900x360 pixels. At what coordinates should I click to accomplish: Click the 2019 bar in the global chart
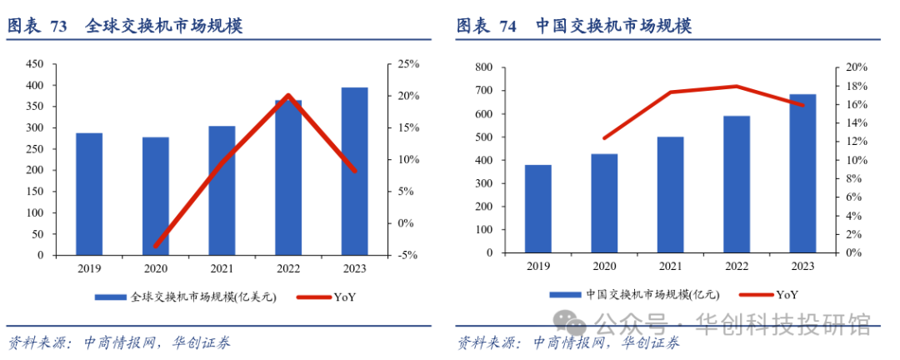coord(89,194)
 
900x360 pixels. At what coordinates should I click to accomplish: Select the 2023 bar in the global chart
coord(354,172)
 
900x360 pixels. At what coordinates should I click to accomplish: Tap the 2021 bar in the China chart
coord(671,194)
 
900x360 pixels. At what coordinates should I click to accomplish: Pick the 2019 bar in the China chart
coord(537,208)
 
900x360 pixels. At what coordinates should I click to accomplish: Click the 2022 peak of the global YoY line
coord(287,96)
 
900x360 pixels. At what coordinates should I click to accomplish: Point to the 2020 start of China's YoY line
coord(604,138)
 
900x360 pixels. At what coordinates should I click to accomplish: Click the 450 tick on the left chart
coord(35,64)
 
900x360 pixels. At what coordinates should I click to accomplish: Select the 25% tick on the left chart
coord(408,64)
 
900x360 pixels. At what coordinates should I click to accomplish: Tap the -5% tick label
coord(408,255)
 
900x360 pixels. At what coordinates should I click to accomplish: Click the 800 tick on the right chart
coord(482,67)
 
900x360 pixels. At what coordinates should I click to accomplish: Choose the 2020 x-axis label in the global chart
coord(155,269)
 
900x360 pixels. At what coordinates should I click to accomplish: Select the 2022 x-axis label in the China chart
coord(737,267)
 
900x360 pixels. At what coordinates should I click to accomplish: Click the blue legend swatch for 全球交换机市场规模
coord(110,297)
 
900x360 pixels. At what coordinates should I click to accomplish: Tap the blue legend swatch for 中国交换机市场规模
coord(566,294)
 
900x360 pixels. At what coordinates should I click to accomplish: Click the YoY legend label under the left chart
coord(345,297)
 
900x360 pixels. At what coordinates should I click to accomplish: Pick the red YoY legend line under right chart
coord(749,294)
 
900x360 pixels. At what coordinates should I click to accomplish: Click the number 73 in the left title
coord(59,27)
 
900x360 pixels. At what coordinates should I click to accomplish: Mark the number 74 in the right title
coord(507,27)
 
